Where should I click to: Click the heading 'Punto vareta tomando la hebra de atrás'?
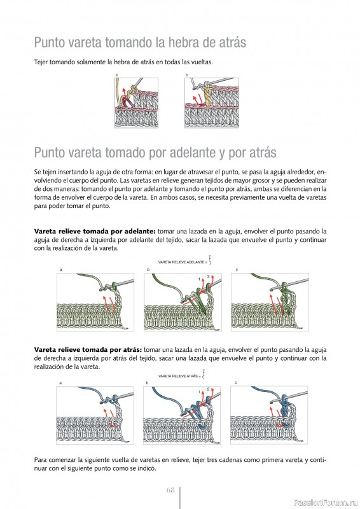(x=140, y=43)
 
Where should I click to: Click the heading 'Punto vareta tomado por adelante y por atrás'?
(x=155, y=153)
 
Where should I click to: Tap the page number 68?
(x=170, y=490)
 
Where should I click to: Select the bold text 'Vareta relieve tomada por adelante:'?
(x=95, y=232)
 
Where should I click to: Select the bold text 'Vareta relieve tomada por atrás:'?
(x=88, y=350)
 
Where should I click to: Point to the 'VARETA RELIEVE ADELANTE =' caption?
(x=181, y=262)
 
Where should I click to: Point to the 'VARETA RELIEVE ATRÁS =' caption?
(x=179, y=376)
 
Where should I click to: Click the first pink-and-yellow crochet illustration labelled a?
(x=136, y=103)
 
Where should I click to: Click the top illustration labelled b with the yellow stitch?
(x=212, y=103)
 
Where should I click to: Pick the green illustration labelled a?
(x=95, y=302)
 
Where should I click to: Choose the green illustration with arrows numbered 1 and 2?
(x=183, y=302)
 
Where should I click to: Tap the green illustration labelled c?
(x=270, y=302)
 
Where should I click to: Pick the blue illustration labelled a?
(x=95, y=415)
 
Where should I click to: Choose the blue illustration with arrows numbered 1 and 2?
(x=182, y=415)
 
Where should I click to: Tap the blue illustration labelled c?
(x=269, y=415)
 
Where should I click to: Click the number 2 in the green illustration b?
(x=208, y=277)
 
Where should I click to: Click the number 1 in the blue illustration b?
(x=199, y=392)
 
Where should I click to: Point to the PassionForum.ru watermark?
(x=326, y=503)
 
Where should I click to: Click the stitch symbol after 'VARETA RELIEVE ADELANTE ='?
(x=210, y=260)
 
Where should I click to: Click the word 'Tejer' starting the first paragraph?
(x=41, y=62)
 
